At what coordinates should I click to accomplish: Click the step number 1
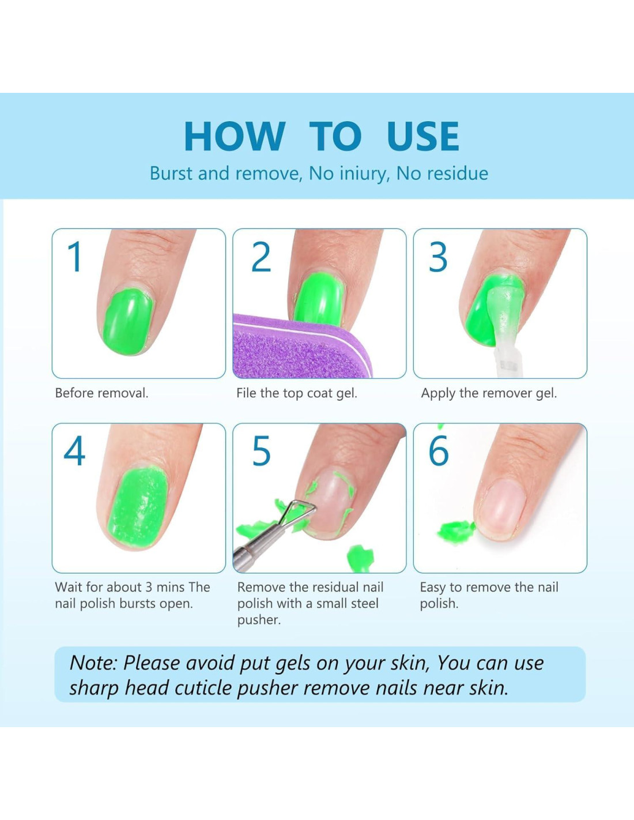tap(75, 257)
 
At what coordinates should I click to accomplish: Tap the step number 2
tap(261, 257)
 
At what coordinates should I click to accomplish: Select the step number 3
tap(438, 257)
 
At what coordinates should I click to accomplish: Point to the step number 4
tap(75, 451)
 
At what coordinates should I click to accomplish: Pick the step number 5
tap(261, 451)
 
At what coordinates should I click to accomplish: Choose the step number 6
tap(439, 451)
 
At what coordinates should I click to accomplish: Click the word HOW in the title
tap(234, 136)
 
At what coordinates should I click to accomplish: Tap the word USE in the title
tap(423, 136)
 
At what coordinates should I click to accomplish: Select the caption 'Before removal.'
tap(102, 393)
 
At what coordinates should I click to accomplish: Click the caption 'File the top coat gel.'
tap(296, 394)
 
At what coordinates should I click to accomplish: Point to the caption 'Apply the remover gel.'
tap(489, 394)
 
